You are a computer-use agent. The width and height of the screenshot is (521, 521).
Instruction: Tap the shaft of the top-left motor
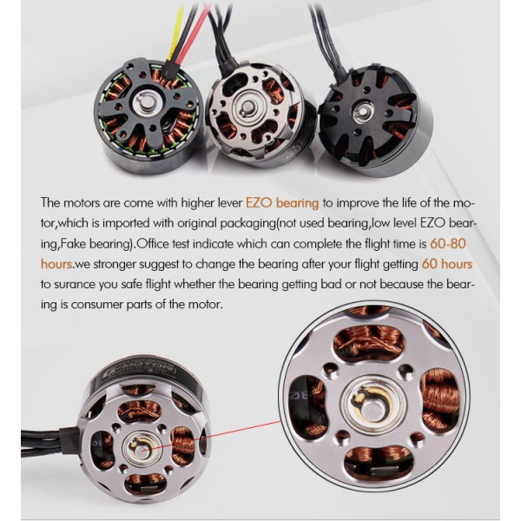147,103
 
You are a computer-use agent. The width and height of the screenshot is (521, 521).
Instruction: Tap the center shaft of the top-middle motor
248,107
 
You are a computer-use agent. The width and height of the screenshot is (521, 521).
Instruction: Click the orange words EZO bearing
281,203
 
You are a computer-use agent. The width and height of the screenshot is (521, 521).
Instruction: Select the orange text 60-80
447,243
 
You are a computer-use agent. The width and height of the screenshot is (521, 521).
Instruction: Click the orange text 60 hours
446,264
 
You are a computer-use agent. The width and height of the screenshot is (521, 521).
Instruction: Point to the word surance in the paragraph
75,285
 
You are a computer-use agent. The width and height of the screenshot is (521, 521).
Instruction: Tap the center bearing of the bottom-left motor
142,450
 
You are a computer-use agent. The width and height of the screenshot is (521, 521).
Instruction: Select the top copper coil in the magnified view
368,342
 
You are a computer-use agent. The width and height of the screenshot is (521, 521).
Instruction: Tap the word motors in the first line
82,203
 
